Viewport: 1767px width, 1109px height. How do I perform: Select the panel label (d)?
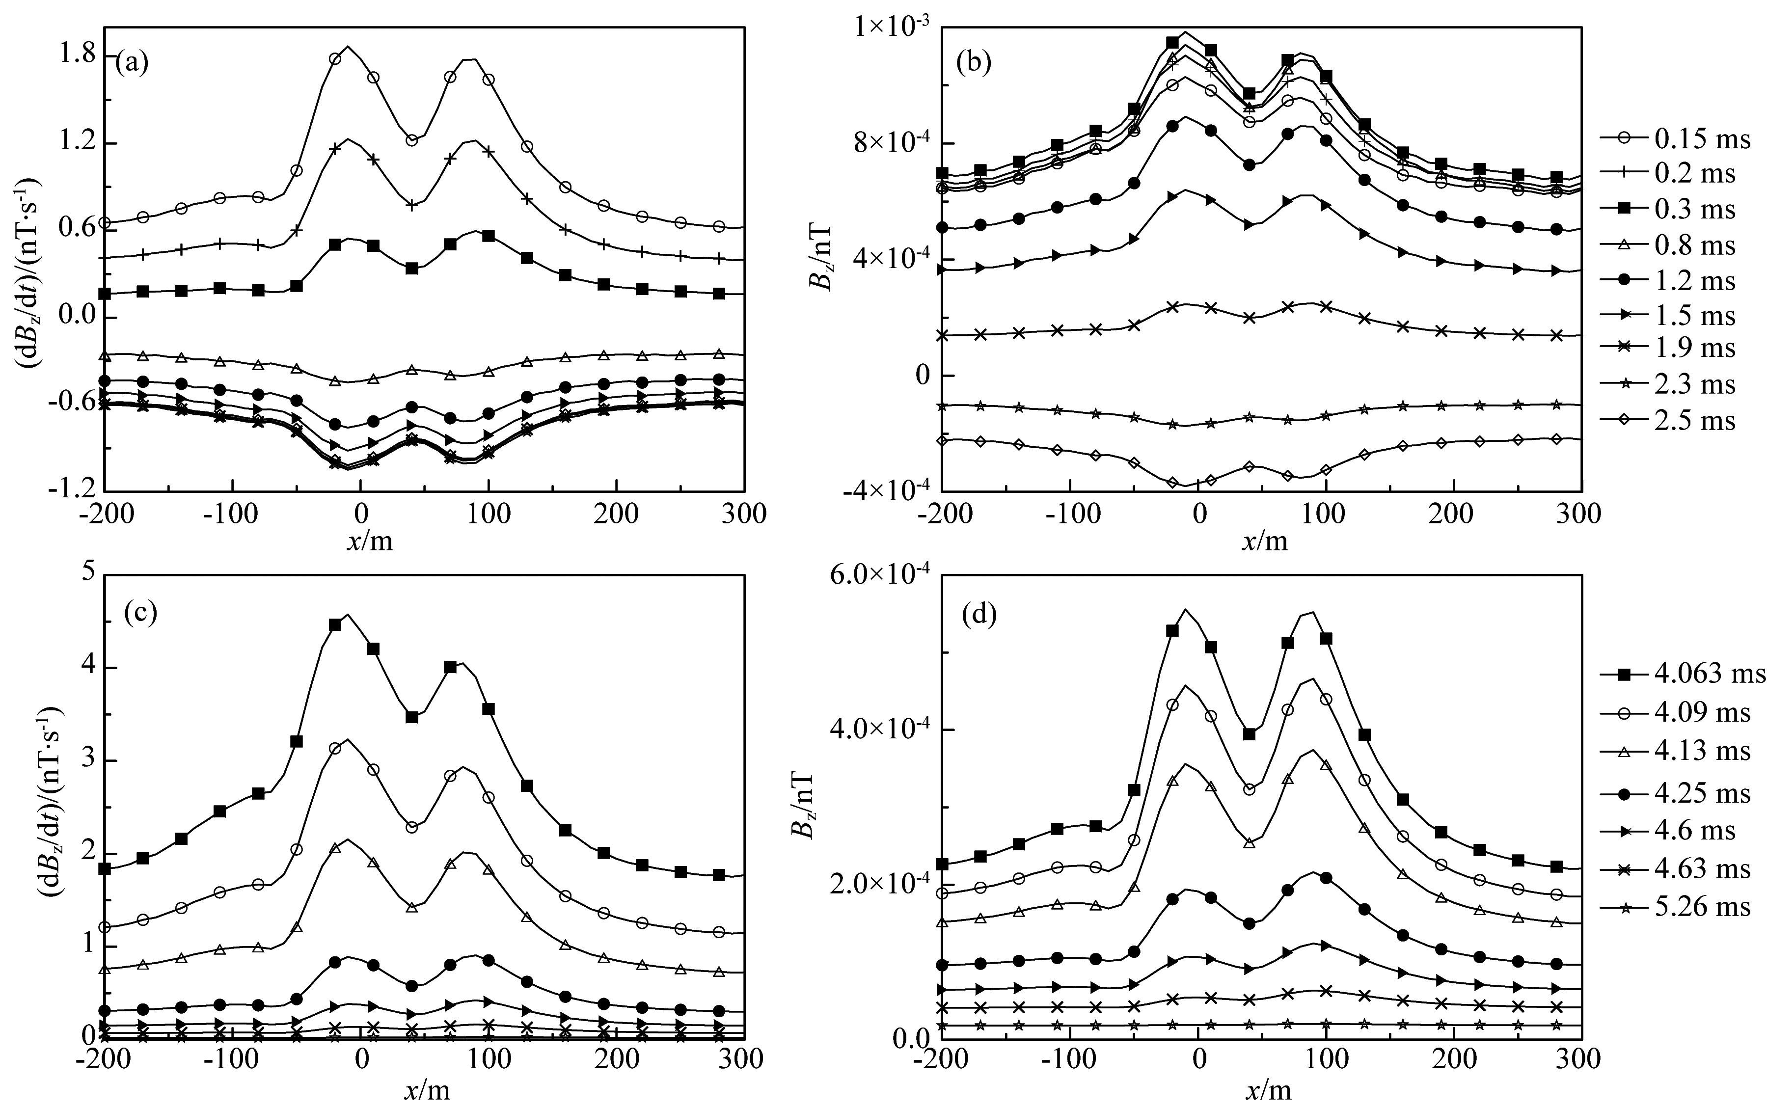click(979, 614)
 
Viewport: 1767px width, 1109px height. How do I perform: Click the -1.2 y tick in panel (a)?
click(70, 489)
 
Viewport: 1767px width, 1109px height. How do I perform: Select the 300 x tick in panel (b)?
click(1580, 514)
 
